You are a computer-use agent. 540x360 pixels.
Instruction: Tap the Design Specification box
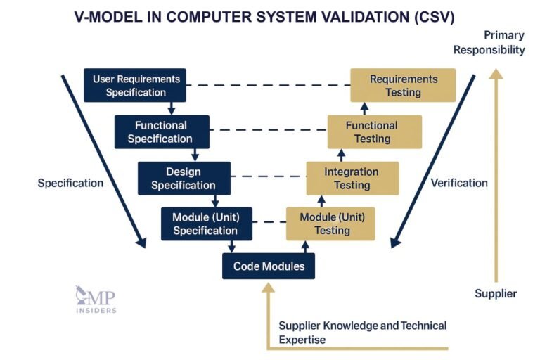tap(184, 179)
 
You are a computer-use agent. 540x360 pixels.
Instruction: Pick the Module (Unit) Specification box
tap(205, 224)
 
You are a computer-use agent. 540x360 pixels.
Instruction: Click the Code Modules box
tap(269, 266)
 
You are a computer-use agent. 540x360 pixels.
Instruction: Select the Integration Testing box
tap(352, 179)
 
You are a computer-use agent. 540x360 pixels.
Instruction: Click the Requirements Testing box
tap(403, 85)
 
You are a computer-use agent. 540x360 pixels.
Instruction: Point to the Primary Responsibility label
tap(489, 42)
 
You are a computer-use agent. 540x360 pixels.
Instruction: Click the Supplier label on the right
tap(496, 293)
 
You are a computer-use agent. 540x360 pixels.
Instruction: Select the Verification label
tap(458, 183)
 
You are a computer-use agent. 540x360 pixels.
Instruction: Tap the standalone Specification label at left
tap(70, 183)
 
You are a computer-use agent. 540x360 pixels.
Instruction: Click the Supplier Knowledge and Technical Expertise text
tap(362, 332)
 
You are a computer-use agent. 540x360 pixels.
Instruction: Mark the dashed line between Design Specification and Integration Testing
tap(268, 177)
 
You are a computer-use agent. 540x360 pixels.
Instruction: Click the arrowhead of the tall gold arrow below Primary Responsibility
tap(496, 72)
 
